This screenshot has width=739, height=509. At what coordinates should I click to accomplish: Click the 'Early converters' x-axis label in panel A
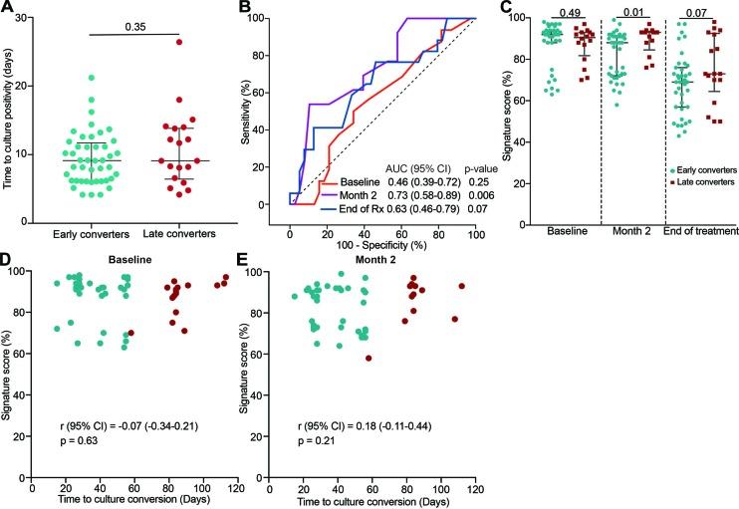pos(79,246)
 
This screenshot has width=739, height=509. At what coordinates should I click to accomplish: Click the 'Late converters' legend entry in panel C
pos(701,181)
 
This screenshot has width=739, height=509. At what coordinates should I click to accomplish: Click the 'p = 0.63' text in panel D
pos(77,449)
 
